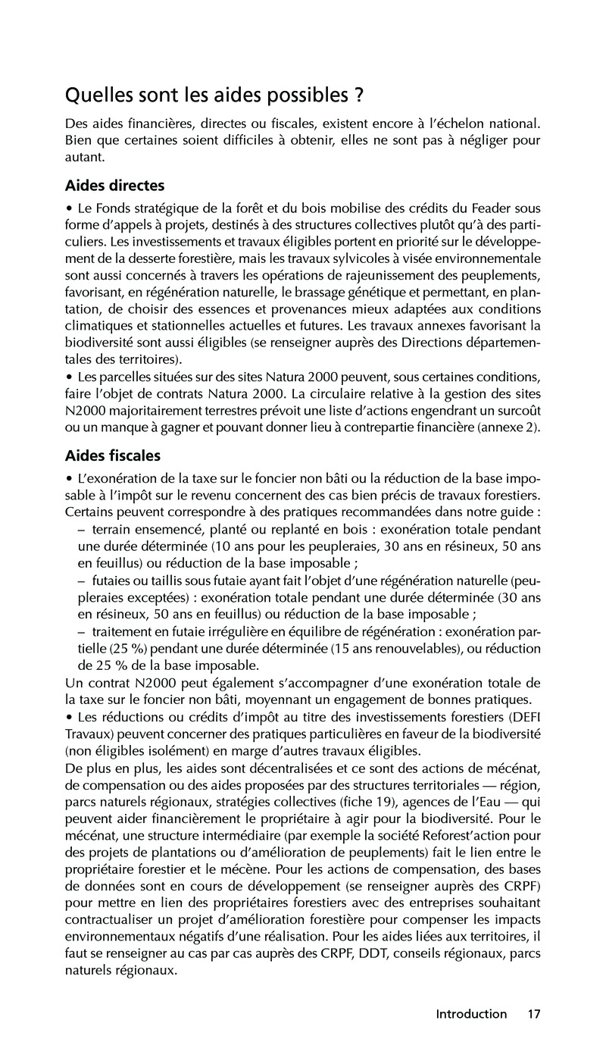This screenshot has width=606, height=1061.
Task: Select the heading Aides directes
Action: (x=115, y=185)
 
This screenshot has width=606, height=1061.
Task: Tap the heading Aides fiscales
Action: (x=113, y=456)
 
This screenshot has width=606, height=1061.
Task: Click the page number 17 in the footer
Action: (x=534, y=1013)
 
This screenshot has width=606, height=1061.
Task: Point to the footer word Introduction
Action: (x=471, y=1013)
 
